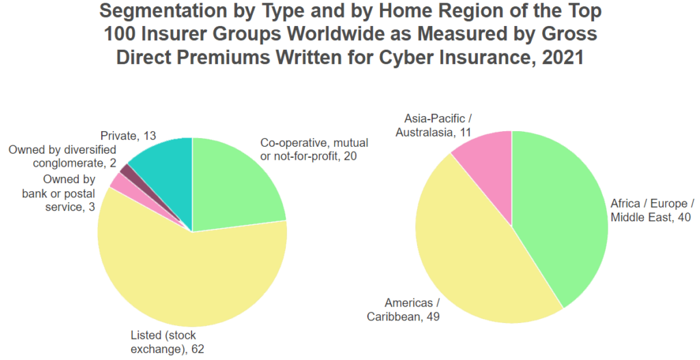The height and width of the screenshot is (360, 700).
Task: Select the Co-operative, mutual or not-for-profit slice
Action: pos(232,187)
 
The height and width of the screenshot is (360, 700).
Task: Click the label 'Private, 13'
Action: pos(128,136)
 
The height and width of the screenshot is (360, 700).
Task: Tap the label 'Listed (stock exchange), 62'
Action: pos(167,342)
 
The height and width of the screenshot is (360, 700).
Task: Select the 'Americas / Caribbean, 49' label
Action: pos(403,309)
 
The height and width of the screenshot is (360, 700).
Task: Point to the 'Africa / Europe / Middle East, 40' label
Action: pos(652,210)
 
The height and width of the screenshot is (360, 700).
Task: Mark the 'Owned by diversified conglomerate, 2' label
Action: pos(62,156)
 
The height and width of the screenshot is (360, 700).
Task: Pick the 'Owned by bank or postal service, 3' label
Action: pos(59,193)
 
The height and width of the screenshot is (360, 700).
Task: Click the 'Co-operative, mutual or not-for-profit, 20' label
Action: pos(314,150)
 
